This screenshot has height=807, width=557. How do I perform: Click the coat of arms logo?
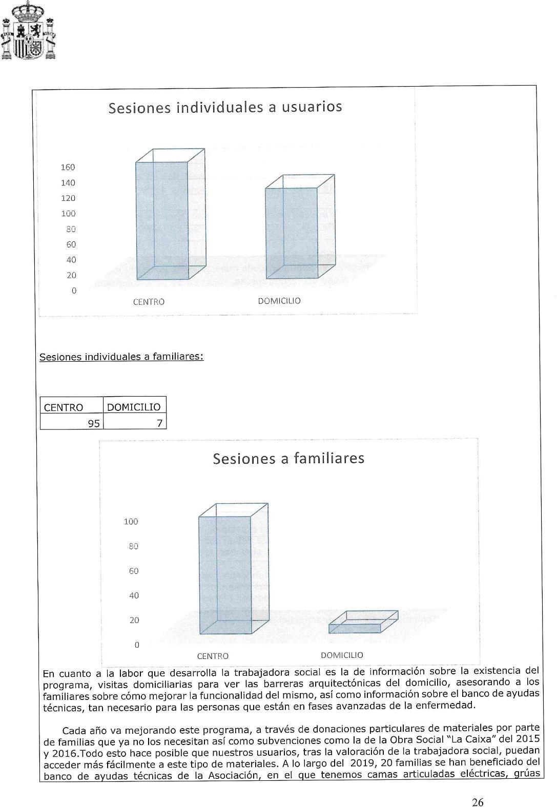click(28, 31)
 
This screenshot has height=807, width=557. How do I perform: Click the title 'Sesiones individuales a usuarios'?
click(225, 108)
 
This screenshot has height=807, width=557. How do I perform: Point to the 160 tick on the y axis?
click(68, 167)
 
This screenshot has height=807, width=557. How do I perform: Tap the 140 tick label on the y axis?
click(68, 182)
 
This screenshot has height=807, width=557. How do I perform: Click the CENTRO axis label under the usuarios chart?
click(149, 302)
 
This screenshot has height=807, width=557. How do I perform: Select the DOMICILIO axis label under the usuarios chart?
click(279, 301)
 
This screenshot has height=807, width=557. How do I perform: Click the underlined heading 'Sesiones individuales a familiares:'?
click(121, 356)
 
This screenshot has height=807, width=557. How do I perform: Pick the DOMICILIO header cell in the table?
click(134, 407)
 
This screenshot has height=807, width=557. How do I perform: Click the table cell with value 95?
click(71, 423)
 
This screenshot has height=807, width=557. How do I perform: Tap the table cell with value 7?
click(134, 423)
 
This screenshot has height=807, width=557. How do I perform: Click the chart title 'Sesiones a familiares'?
click(288, 458)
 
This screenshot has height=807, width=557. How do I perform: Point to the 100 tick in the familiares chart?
click(131, 522)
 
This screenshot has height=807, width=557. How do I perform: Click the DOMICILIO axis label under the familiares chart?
click(342, 655)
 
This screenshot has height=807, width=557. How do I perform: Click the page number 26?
click(478, 788)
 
